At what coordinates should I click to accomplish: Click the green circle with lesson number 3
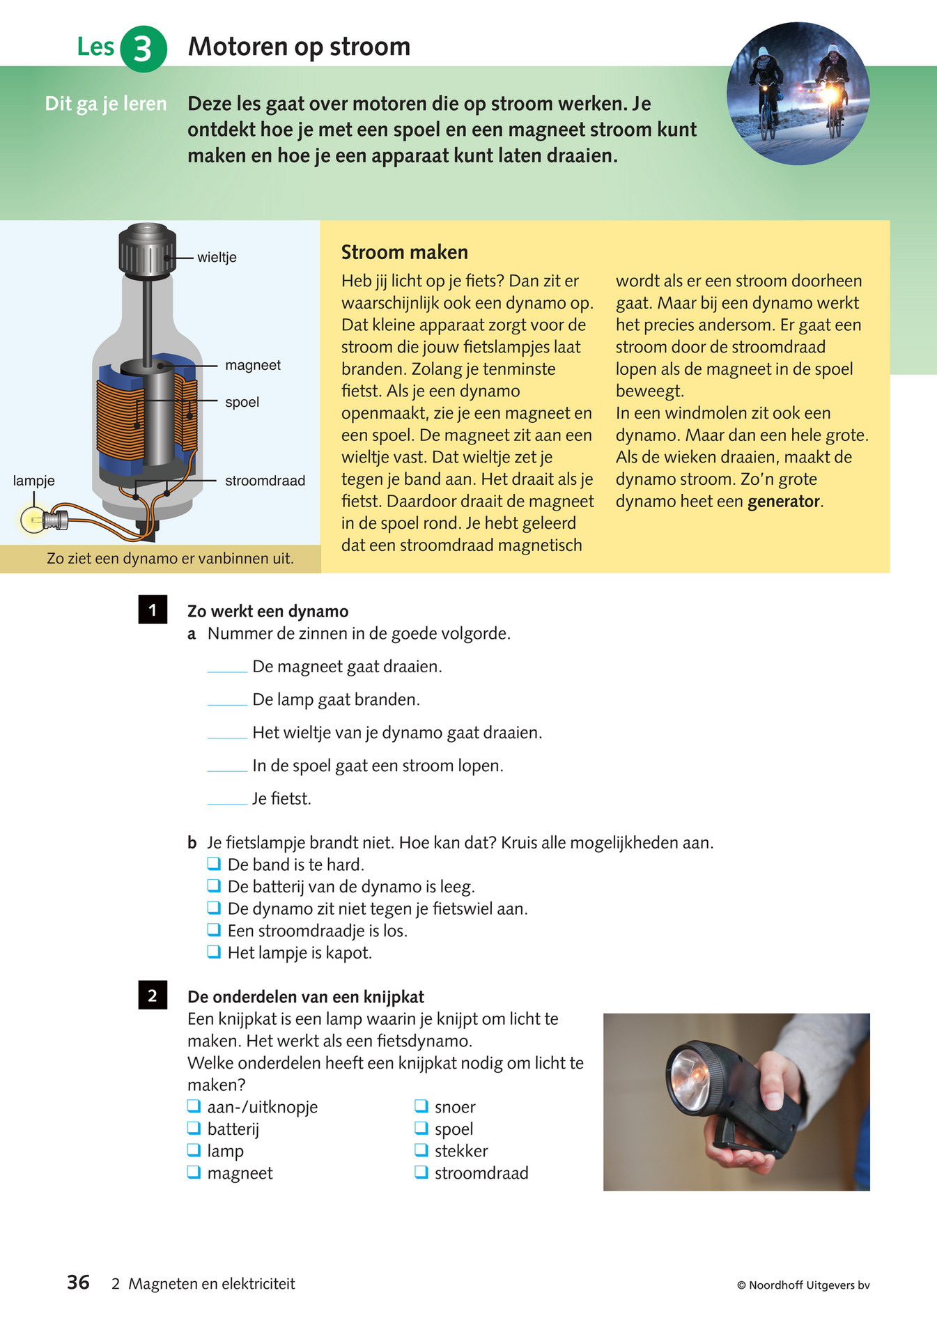(x=143, y=49)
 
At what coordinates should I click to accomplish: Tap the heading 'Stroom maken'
(x=404, y=252)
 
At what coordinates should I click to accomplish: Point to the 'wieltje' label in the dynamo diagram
(x=217, y=258)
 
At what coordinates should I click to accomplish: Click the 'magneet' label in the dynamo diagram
(x=252, y=366)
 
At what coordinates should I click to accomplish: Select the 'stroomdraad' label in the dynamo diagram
(x=265, y=481)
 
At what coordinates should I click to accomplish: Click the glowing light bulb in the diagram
(x=32, y=520)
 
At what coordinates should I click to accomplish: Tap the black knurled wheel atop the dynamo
(x=147, y=249)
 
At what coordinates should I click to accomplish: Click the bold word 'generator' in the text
(x=783, y=502)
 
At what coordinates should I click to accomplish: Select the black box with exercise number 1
(x=153, y=610)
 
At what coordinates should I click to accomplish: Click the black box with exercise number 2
(x=153, y=995)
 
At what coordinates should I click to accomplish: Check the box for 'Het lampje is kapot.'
(x=215, y=952)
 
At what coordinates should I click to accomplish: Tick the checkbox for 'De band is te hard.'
(x=215, y=864)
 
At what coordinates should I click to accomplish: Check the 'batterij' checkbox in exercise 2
(x=194, y=1128)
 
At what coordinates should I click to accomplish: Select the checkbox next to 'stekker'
(x=421, y=1150)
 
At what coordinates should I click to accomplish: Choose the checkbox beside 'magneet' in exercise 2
(x=194, y=1172)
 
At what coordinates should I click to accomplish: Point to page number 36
(x=78, y=1283)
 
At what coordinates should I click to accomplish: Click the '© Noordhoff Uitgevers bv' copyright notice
(x=803, y=1285)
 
